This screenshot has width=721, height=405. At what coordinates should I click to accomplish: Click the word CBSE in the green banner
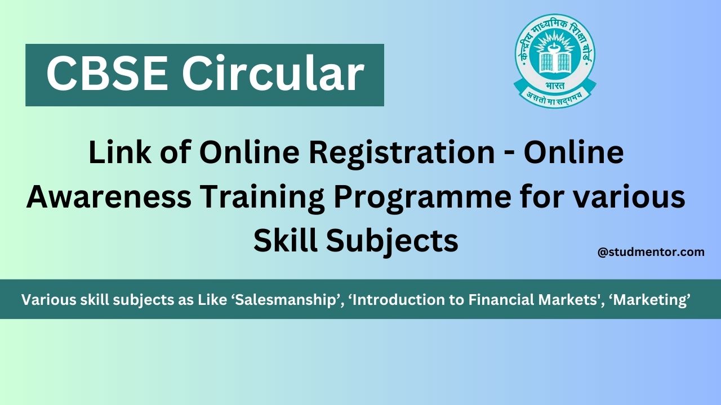(107, 74)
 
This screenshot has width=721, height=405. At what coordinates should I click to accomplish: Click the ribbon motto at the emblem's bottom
(555, 97)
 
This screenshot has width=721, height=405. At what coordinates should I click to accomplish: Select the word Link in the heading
(115, 154)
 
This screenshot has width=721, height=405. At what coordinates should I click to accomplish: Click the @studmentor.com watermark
(651, 252)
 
